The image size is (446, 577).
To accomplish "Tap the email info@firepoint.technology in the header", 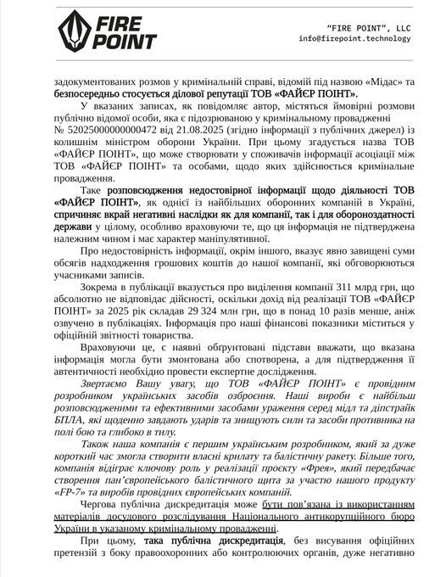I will [x=363, y=39].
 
